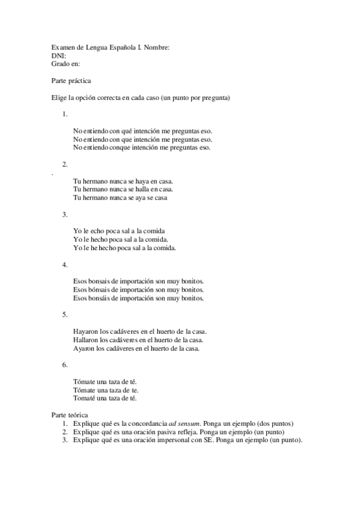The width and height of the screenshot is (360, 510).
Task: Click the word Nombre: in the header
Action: pos(157,47)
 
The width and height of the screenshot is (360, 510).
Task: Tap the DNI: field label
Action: pos(59,55)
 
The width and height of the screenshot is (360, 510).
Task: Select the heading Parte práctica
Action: pos(72,79)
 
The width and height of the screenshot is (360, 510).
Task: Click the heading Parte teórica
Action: pos(70,415)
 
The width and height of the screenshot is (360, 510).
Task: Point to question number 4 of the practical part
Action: pos(65,265)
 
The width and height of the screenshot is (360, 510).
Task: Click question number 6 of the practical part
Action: pos(65,365)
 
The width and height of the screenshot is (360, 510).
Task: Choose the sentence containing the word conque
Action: pos(141,147)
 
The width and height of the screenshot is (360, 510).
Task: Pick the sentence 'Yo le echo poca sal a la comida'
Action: pos(119,231)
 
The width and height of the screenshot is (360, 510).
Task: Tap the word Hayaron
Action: pos(85,331)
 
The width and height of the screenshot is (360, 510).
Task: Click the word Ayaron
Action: pos(84,348)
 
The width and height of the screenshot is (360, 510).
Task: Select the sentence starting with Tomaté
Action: pos(105,398)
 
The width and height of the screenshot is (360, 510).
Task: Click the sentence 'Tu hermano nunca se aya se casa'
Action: pos(120,197)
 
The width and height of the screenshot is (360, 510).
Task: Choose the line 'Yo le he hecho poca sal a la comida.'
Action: pos(124,248)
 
